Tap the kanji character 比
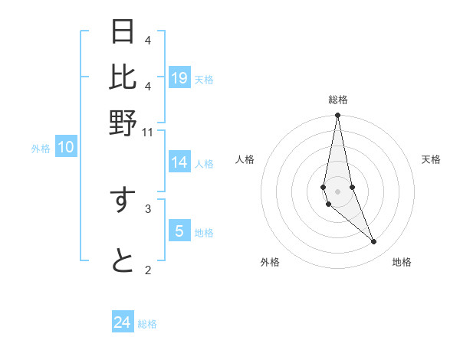[x=123, y=77]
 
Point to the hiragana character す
[x=123, y=200]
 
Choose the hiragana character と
[x=123, y=261]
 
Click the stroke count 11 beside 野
[x=148, y=133]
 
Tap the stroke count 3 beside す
[x=148, y=208]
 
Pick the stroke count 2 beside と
[x=148, y=269]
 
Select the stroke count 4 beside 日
[x=148, y=40]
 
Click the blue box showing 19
[x=179, y=77]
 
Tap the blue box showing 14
[x=179, y=162]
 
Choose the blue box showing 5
[x=179, y=231]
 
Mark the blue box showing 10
[x=66, y=147]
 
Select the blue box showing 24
[x=123, y=322]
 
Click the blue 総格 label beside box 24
[x=147, y=324]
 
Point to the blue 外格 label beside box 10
[x=41, y=149]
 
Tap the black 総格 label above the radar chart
[x=338, y=100]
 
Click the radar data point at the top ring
[x=337, y=116]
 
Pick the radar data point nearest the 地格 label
[x=374, y=242]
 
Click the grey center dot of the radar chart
[x=337, y=191]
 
